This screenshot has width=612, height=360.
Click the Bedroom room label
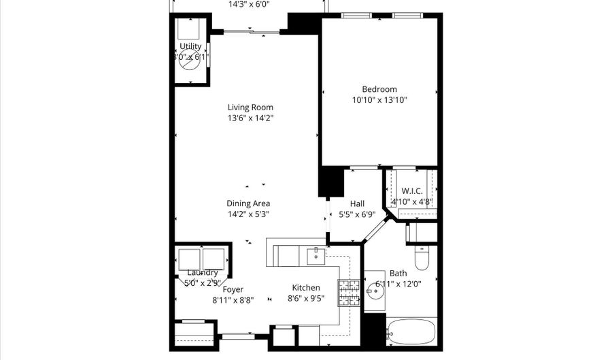click(379, 89)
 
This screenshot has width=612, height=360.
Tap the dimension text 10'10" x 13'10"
click(379, 100)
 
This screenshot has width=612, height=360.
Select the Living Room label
click(250, 107)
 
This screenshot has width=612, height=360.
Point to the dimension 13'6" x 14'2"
click(250, 118)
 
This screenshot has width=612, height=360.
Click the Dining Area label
click(248, 203)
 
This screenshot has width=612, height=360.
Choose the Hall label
click(357, 203)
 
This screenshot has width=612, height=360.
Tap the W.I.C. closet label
click(412, 191)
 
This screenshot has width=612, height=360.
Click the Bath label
click(398, 273)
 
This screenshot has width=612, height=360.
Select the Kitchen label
click(306, 287)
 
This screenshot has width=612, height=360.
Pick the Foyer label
click(233, 289)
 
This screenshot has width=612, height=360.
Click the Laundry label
click(202, 273)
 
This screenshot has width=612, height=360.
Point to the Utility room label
click(190, 46)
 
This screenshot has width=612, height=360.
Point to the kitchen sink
click(316, 256)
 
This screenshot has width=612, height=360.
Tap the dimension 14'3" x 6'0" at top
click(248, 3)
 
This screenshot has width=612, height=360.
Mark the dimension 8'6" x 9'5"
click(306, 298)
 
